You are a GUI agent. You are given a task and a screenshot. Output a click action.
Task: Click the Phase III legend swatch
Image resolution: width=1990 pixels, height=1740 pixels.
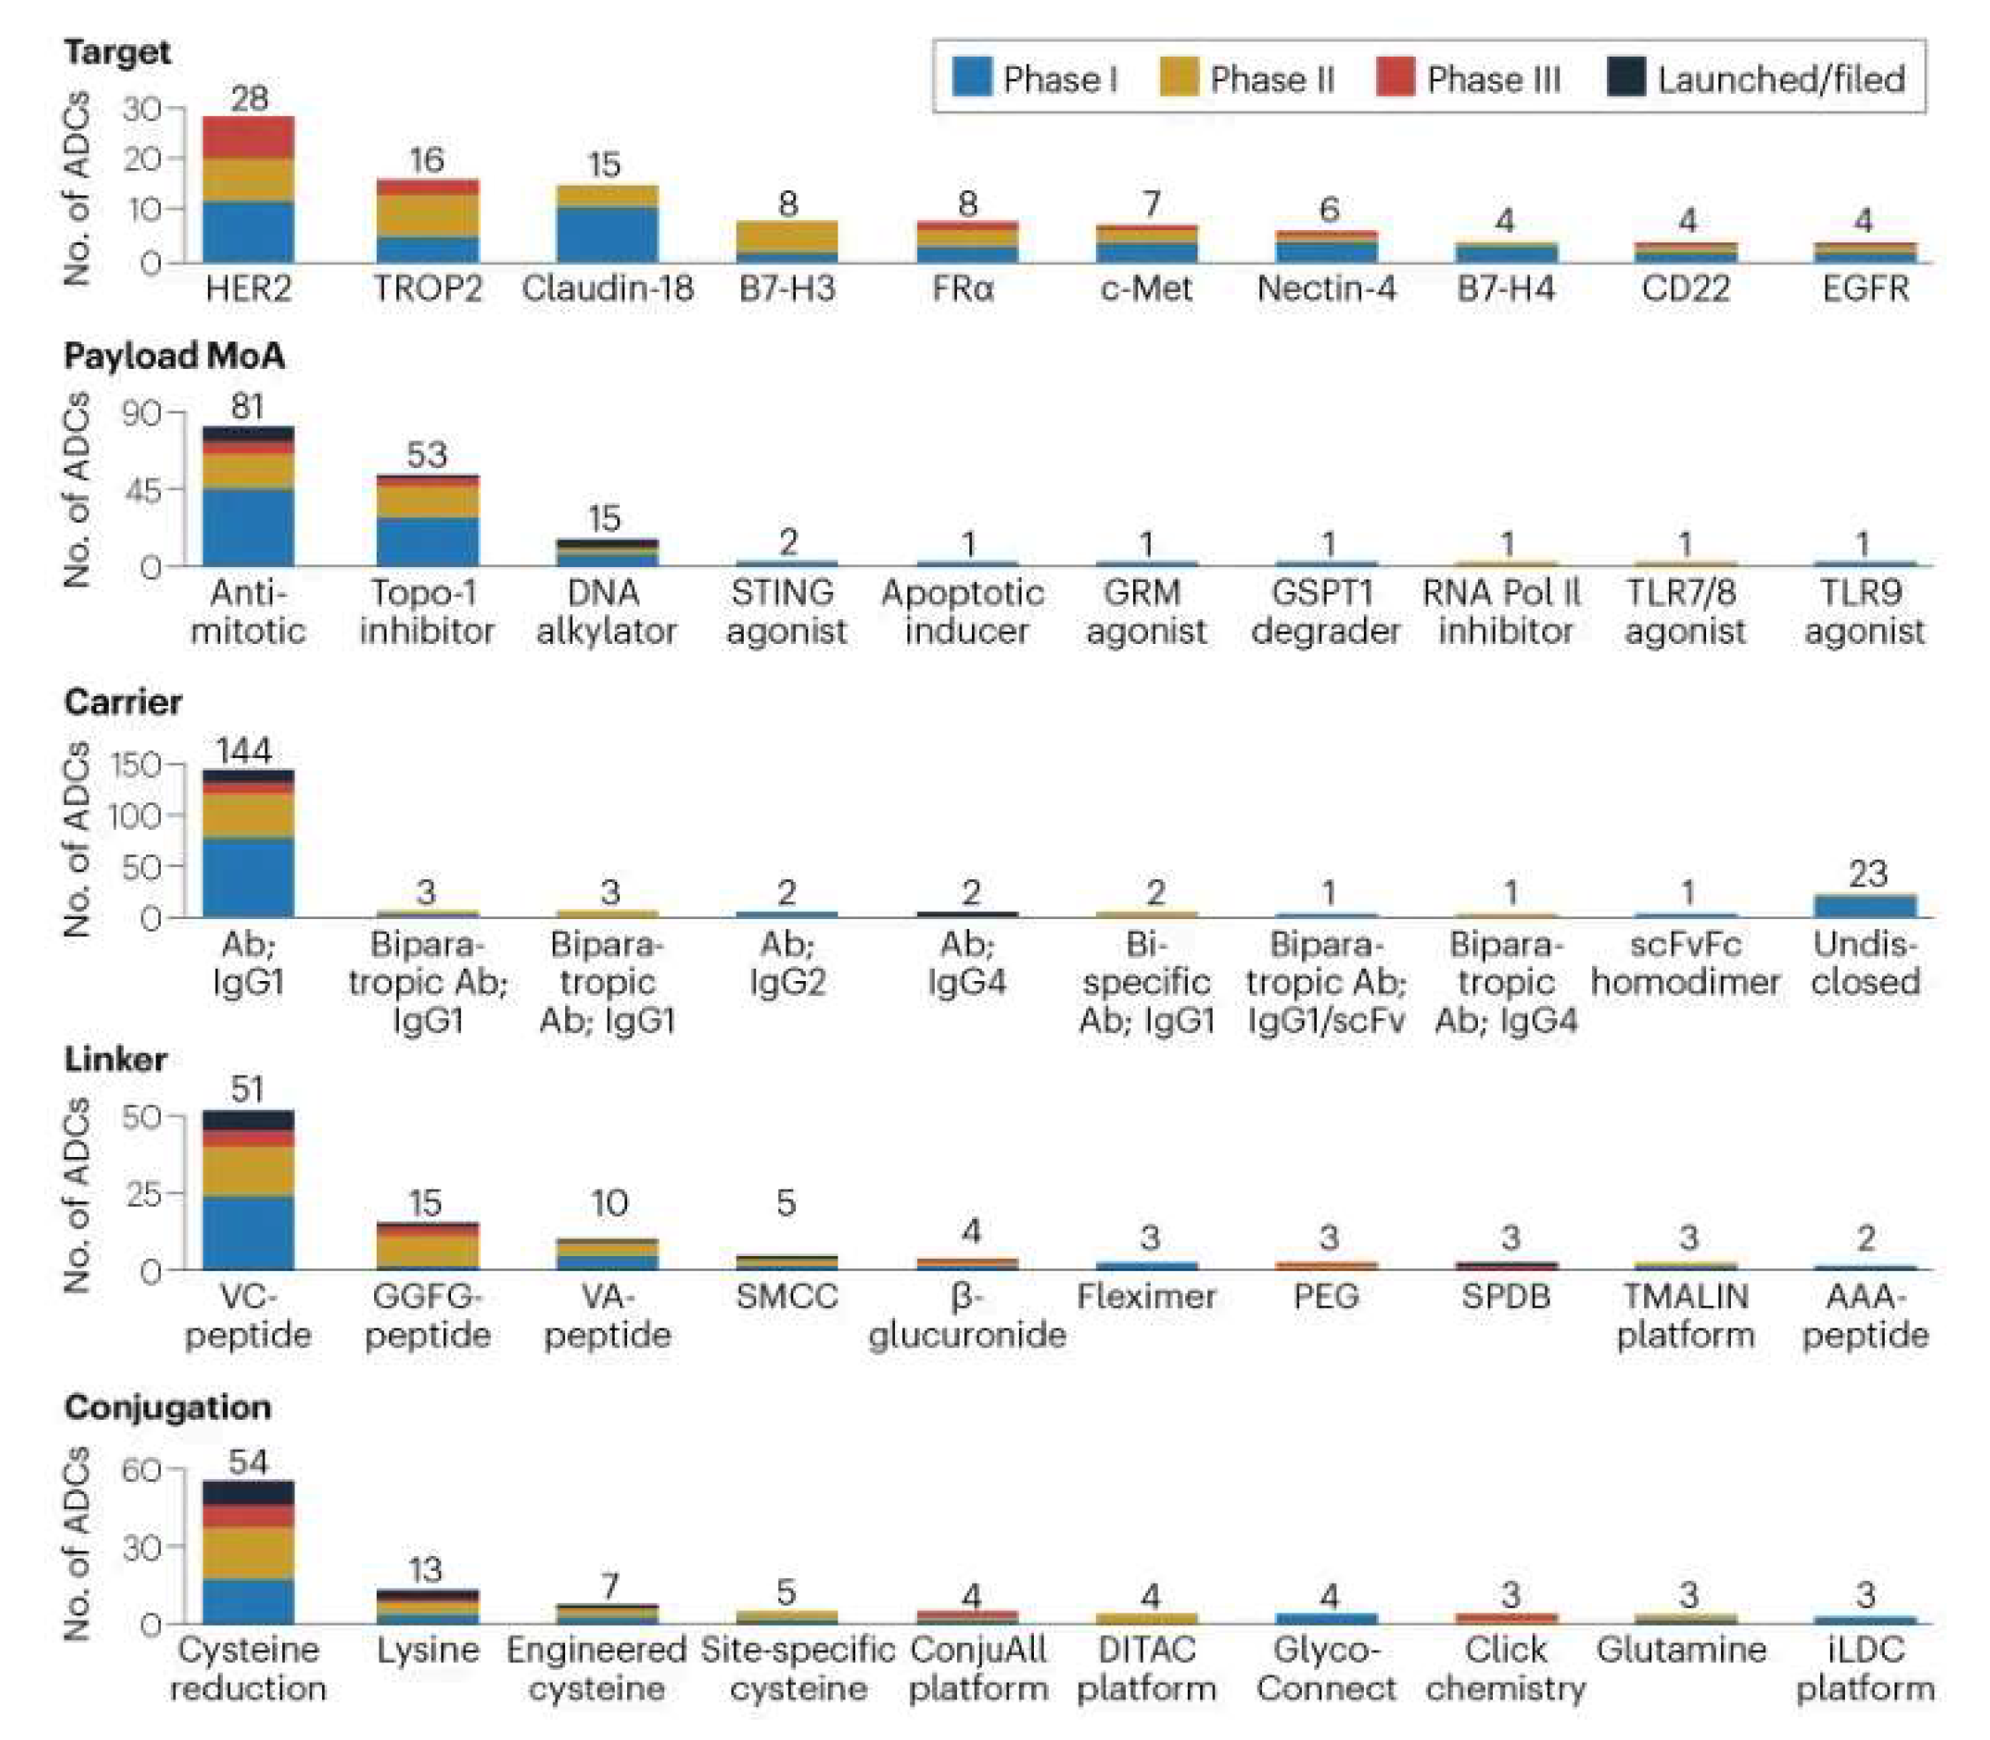1394,77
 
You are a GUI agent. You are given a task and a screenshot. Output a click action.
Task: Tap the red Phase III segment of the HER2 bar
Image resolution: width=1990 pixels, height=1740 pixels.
249,137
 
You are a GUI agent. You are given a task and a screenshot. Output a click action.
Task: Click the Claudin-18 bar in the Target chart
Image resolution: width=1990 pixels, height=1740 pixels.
608,225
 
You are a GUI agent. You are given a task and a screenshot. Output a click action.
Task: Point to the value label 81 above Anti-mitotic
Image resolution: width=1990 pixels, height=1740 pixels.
248,406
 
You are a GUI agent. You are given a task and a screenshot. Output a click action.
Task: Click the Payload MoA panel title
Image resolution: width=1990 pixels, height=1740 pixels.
175,356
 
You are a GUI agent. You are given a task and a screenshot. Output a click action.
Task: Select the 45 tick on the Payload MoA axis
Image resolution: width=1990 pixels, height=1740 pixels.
142,488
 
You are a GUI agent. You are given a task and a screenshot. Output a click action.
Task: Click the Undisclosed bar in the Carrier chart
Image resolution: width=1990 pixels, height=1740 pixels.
1866,906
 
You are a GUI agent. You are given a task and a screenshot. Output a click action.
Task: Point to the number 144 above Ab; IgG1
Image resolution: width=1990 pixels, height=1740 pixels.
242,750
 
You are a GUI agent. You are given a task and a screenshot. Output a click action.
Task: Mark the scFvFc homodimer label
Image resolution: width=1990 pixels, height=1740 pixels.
1685,963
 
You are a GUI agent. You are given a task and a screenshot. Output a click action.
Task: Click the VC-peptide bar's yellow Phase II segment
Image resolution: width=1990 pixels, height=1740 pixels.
249,1171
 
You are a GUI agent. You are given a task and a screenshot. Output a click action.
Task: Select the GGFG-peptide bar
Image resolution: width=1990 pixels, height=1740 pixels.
427,1246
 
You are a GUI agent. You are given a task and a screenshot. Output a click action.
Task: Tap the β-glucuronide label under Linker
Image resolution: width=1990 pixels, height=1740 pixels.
967,1315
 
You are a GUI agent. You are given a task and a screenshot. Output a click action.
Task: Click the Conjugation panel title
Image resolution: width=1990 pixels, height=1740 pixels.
168,1407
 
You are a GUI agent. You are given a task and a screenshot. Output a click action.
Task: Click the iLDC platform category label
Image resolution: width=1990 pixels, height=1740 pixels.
1864,1669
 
